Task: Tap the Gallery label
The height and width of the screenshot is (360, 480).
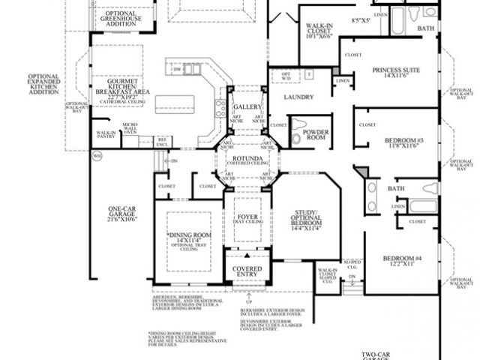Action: tap(247, 107)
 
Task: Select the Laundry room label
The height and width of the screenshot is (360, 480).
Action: tap(298, 97)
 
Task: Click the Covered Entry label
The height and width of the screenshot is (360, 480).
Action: tap(247, 271)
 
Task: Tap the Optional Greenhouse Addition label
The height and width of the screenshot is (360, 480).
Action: tap(121, 18)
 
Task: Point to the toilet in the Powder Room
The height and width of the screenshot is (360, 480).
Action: tap(298, 125)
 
